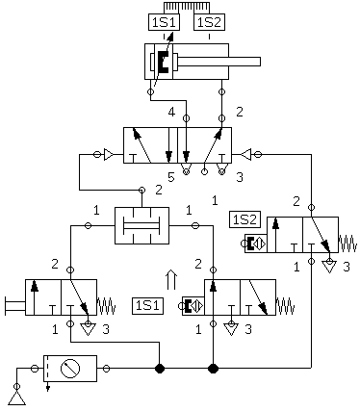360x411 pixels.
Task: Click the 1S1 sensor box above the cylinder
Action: [164, 22]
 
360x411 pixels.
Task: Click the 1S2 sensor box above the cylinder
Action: [209, 22]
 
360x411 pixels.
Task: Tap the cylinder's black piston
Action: [164, 62]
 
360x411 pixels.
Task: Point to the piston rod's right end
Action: [260, 62]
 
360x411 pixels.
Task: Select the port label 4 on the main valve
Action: [172, 113]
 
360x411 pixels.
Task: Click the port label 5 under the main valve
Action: [171, 177]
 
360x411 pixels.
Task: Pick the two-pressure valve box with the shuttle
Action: [141, 225]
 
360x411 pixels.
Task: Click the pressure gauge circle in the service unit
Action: [70, 369]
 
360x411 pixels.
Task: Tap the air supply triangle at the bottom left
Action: [16, 398]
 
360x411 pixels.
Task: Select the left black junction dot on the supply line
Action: [160, 369]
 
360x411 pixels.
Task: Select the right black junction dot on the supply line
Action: [213, 369]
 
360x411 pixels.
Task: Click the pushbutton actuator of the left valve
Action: [14, 306]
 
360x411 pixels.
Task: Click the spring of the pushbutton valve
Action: [106, 306]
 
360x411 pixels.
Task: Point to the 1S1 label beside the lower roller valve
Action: [147, 305]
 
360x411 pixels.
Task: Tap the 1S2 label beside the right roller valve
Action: [244, 219]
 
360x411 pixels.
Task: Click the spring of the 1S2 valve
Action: [347, 244]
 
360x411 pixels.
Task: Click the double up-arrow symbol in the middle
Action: [171, 279]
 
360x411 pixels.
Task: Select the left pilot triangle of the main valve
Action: [108, 155]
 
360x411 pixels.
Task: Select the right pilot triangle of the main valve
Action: [246, 155]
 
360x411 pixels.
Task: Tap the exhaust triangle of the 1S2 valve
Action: [329, 267]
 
